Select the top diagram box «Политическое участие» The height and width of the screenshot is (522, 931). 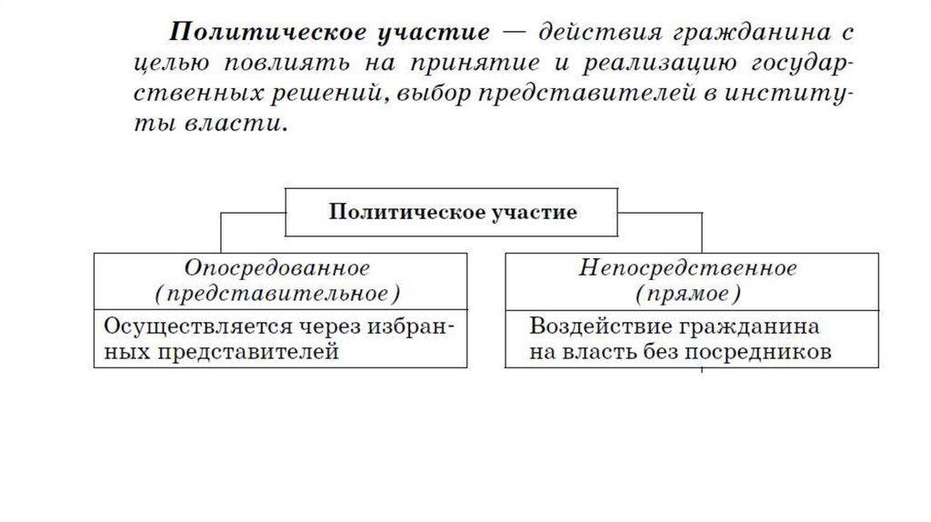(452, 213)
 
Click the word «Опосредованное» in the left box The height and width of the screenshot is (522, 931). (277, 268)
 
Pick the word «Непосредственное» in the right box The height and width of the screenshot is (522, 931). (687, 268)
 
